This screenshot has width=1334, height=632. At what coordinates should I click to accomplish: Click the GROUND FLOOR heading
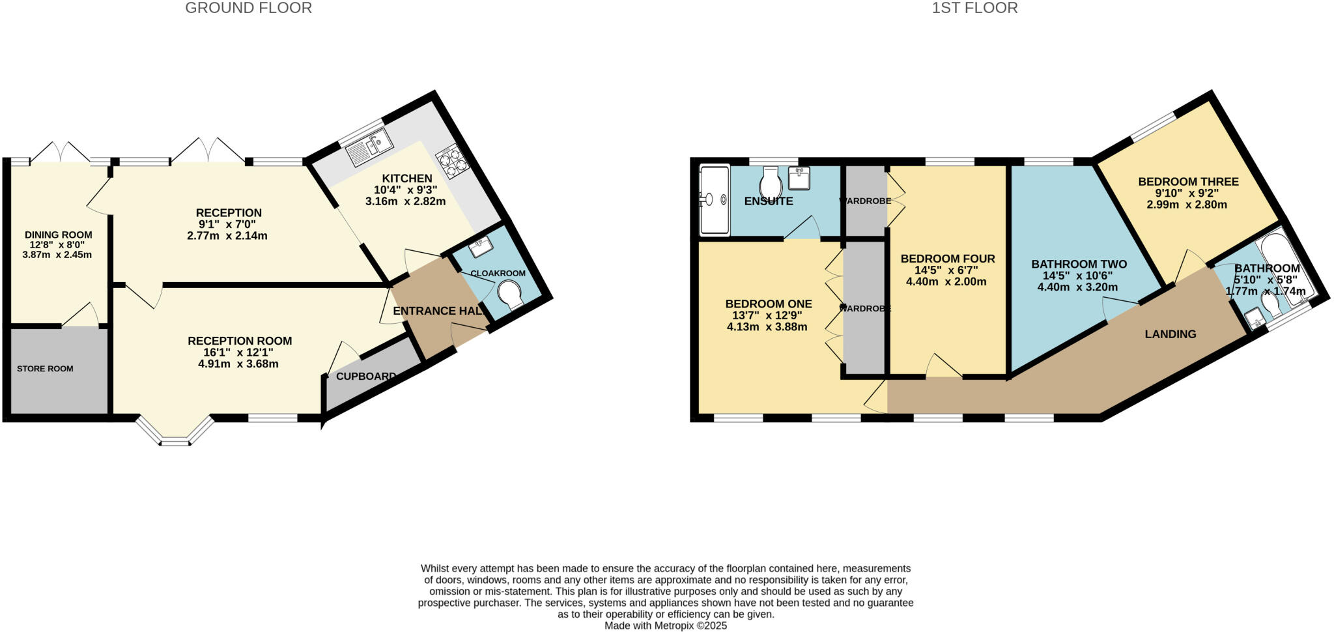248,8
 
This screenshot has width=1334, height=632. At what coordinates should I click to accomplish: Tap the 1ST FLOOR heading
974,8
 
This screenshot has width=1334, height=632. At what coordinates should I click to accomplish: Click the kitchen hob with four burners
453,161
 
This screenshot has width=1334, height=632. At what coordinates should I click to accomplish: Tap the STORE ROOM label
45,369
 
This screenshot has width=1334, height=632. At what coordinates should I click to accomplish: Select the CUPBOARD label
365,377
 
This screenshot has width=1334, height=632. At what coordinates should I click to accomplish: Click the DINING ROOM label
59,235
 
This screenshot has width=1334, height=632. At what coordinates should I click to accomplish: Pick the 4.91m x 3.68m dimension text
238,364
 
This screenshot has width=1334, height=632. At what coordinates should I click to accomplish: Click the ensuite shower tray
714,200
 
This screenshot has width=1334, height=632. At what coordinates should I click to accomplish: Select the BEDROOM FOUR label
947,259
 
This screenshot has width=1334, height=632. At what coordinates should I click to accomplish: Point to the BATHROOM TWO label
1079,264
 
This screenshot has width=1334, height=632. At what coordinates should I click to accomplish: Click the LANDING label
1170,334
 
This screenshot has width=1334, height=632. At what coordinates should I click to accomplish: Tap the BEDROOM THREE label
1188,182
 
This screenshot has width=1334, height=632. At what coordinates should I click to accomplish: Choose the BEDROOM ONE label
768,304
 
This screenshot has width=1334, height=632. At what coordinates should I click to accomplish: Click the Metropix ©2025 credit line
665,625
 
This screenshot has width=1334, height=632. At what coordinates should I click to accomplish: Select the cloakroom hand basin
481,246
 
